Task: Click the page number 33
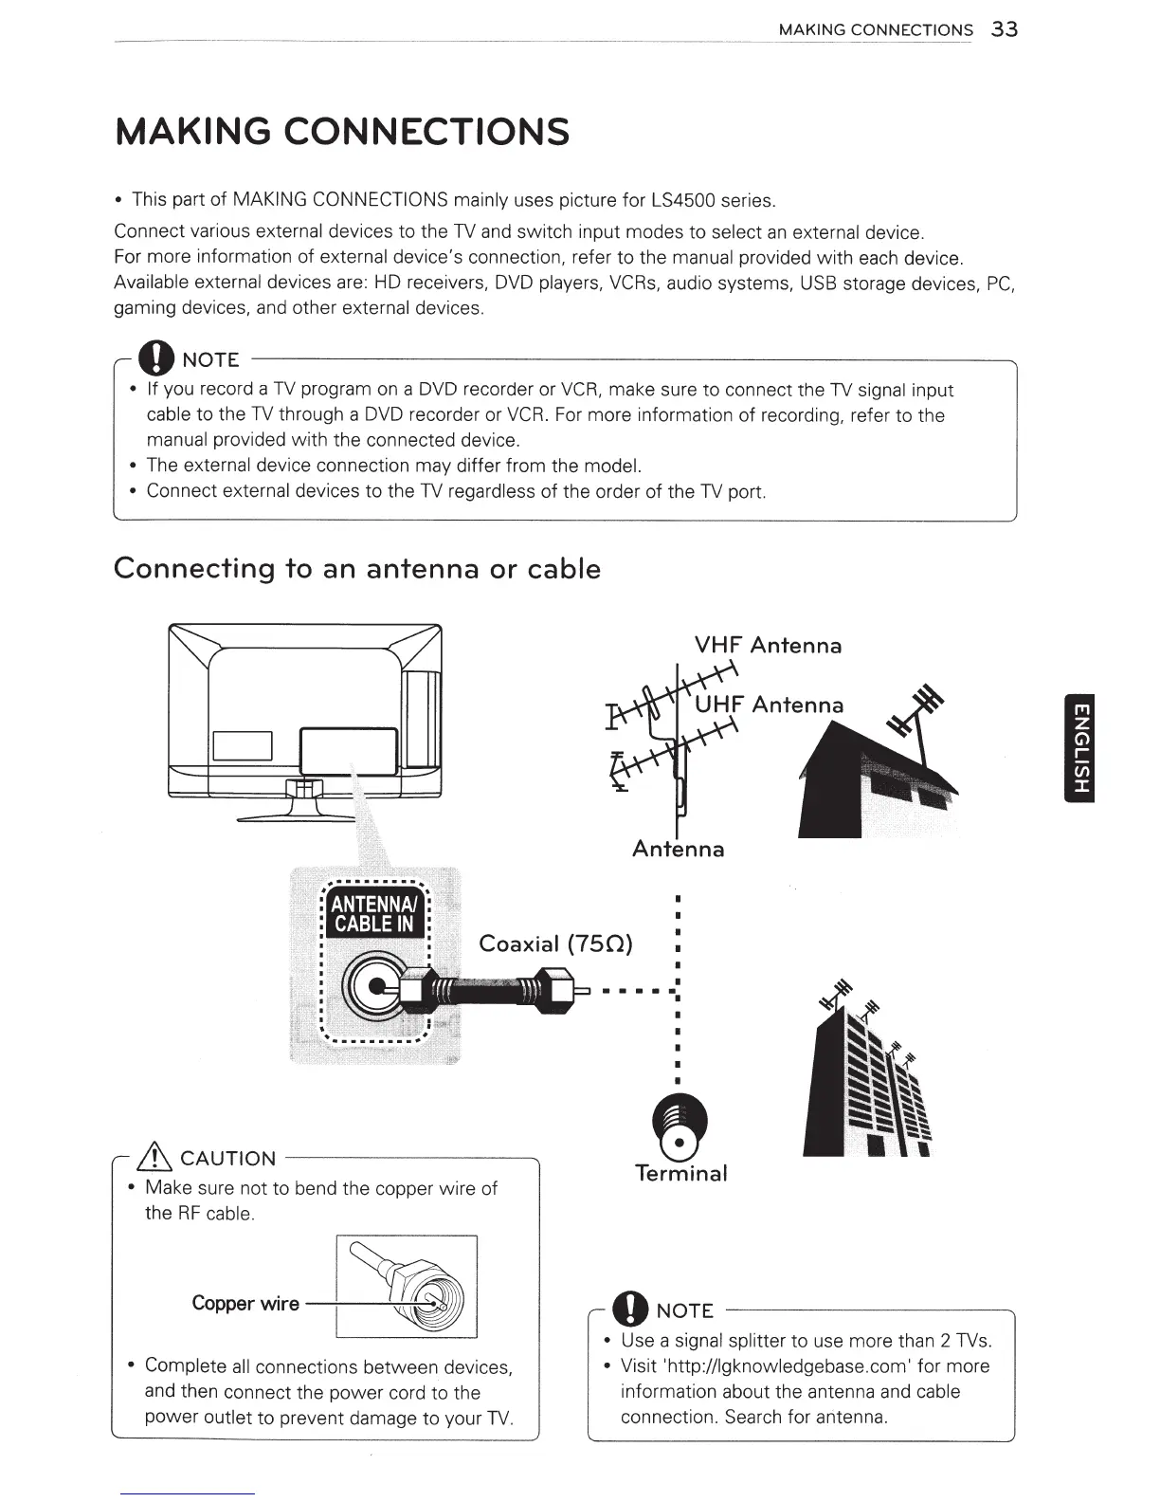coord(1004,29)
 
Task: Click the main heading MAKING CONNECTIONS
coord(342,132)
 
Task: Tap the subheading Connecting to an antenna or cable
coord(357,569)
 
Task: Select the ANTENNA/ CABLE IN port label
coord(376,911)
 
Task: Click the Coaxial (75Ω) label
coord(555,943)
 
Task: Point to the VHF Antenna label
coord(768,646)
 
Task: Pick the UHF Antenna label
coord(769,705)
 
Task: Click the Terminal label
coord(680,1173)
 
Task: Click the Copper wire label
coord(245,1303)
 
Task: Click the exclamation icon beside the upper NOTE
coord(153,358)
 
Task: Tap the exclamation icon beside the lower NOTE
coord(628,1310)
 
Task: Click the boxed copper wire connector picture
coord(407,1287)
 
